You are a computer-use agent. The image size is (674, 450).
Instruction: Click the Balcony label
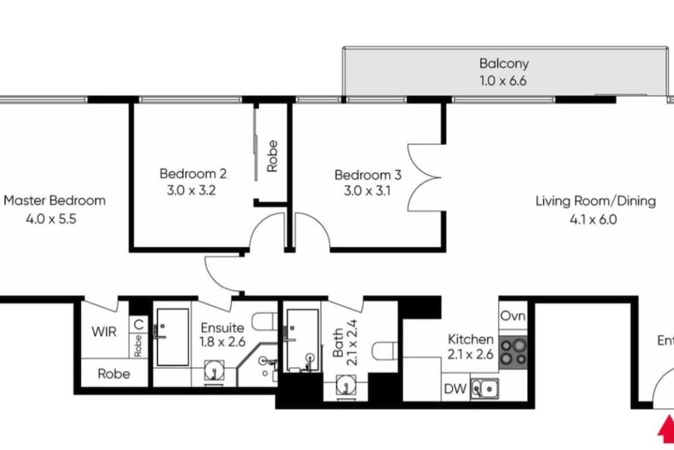[503, 63]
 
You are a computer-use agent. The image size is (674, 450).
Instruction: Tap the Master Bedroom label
[55, 200]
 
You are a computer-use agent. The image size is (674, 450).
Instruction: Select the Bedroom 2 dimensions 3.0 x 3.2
[191, 190]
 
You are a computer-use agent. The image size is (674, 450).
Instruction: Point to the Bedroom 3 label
[368, 175]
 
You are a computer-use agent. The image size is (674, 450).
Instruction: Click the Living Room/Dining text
[596, 201]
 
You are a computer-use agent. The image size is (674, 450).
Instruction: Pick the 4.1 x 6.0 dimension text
[593, 220]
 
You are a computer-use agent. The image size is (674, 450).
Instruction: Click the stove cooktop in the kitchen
[513, 352]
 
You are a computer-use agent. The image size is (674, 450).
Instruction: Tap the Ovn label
[513, 316]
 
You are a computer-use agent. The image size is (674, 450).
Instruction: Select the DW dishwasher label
[455, 389]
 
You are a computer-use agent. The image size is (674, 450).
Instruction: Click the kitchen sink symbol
[485, 389]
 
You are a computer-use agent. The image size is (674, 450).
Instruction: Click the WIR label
[104, 332]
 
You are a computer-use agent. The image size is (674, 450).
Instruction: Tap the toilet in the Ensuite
[264, 322]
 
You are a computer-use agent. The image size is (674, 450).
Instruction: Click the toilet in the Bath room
[385, 351]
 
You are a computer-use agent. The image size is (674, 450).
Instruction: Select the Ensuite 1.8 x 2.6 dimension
[222, 342]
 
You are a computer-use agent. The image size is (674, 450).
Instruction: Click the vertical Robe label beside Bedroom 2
[272, 156]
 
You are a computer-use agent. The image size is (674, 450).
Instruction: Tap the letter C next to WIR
[138, 324]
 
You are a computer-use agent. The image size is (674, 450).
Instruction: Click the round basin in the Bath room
[346, 385]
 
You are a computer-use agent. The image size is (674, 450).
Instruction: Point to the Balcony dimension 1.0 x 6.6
[503, 80]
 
